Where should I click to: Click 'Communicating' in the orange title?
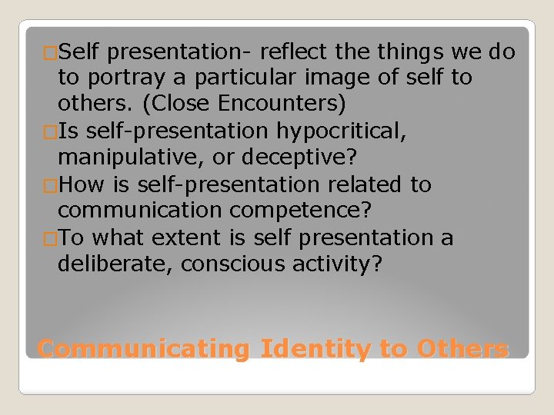click(x=145, y=348)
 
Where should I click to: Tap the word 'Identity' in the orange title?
click(x=316, y=348)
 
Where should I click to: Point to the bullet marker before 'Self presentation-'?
click(x=51, y=53)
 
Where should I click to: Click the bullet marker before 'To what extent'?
click(x=51, y=239)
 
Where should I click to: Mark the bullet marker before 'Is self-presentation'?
click(x=51, y=132)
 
